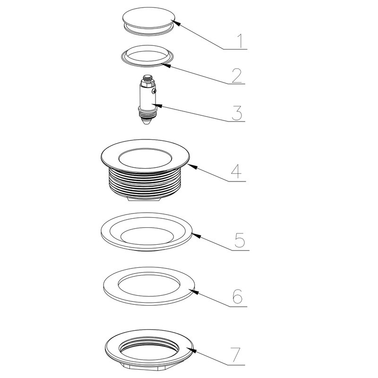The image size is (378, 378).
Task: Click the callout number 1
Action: (x=240, y=41)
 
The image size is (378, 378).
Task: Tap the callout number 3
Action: (x=237, y=112)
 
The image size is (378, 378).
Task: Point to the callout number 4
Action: (x=237, y=172)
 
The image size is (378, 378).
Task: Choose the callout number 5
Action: (x=240, y=240)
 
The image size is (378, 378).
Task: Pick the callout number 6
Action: (x=238, y=296)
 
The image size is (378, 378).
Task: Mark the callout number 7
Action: (x=235, y=354)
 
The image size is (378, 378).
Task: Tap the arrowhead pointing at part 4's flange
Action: (x=192, y=166)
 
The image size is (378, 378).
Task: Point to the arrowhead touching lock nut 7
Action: (x=192, y=350)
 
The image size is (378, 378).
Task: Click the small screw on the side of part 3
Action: (x=155, y=91)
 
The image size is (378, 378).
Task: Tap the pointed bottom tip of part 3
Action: (x=146, y=123)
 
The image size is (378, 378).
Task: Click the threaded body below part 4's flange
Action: (x=145, y=183)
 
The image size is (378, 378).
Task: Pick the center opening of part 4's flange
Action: (x=145, y=158)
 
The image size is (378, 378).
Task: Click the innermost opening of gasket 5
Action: (x=147, y=235)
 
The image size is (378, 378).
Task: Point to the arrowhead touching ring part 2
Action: (x=166, y=65)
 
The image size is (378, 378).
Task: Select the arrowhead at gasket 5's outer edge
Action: (x=196, y=235)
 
